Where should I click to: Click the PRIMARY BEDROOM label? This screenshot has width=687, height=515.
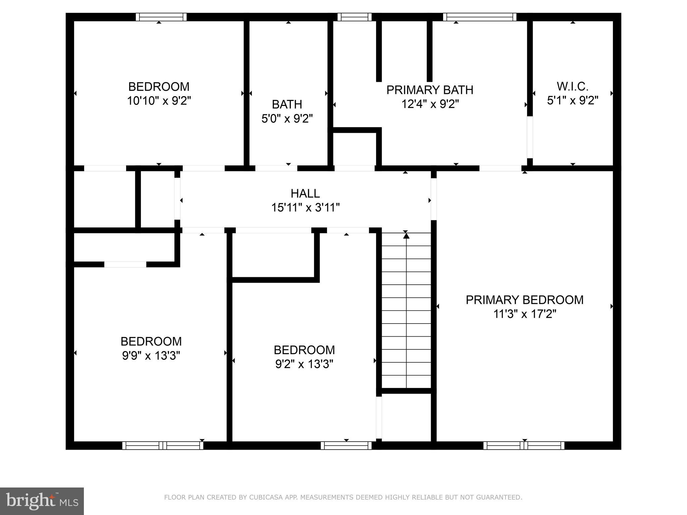tap(524, 300)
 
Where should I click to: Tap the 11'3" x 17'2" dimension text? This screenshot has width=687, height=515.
tap(524, 314)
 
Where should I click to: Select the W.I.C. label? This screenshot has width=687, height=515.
tap(572, 87)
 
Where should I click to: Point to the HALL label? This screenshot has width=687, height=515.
tap(305, 193)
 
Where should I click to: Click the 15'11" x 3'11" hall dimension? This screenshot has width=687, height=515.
tap(305, 208)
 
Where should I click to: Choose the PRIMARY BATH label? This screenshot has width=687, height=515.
tap(429, 90)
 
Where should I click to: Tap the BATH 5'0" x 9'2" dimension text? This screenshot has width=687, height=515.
tap(287, 118)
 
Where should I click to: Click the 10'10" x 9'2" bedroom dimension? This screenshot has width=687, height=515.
tap(159, 101)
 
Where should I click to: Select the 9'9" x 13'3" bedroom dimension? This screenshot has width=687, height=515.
tap(151, 355)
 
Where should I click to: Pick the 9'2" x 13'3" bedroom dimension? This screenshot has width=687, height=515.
tap(304, 364)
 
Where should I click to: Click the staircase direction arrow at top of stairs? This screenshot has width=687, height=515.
tap(406, 236)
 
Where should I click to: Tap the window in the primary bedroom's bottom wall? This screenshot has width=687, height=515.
tap(524, 446)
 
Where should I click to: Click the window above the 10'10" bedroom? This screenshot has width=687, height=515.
tap(161, 17)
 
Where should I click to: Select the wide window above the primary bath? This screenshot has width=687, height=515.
tap(479, 17)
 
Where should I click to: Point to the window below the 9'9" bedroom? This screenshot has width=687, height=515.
tap(163, 446)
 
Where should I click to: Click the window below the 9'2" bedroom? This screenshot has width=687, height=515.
tap(346, 446)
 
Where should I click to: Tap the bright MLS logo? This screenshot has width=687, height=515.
tap(42, 501)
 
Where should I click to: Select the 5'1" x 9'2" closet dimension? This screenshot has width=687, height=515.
tap(572, 101)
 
